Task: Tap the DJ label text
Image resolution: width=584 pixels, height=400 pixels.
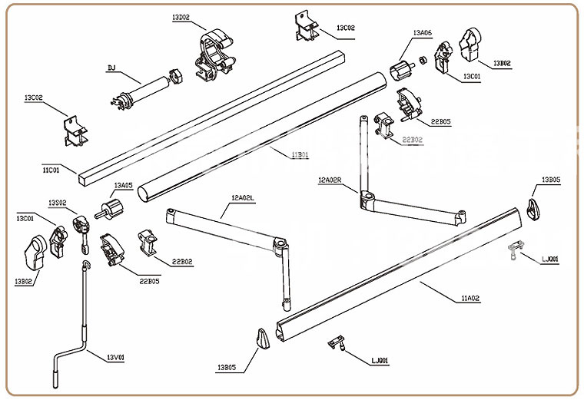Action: point(111,68)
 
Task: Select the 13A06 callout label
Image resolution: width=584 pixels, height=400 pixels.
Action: point(422,33)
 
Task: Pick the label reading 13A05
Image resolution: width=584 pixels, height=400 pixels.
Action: point(123,186)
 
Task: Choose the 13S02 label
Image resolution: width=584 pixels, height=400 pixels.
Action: point(58,203)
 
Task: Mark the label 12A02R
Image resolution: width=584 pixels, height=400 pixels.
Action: point(333,180)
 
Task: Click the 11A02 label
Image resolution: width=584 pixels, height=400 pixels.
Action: point(470,297)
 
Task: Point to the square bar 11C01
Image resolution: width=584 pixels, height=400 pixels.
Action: point(207,115)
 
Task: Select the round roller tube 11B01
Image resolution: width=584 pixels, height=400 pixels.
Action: point(261,131)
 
